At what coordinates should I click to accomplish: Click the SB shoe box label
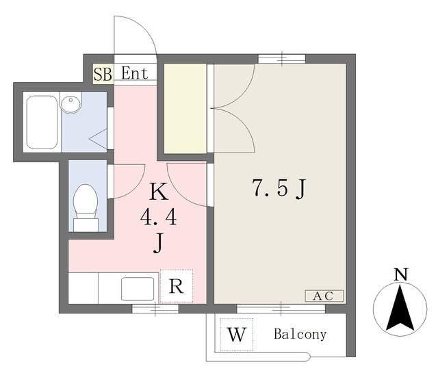[x=103, y=74]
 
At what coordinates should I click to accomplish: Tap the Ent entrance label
[x=135, y=73]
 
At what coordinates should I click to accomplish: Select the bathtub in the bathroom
[x=42, y=122]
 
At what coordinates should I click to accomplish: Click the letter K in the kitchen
[x=159, y=192]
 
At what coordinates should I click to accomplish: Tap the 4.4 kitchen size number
[x=158, y=218]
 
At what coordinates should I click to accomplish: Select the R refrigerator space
[x=177, y=286]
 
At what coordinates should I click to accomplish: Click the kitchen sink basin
[x=138, y=289]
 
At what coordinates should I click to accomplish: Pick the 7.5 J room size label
[x=279, y=188]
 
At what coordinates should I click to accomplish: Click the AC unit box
[x=324, y=296]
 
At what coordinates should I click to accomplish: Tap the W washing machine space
[x=237, y=335]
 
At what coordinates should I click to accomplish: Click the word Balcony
[x=300, y=334]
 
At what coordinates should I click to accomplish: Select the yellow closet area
[x=185, y=108]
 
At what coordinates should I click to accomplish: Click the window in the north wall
[x=281, y=59]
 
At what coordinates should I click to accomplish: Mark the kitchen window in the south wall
[x=155, y=309]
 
